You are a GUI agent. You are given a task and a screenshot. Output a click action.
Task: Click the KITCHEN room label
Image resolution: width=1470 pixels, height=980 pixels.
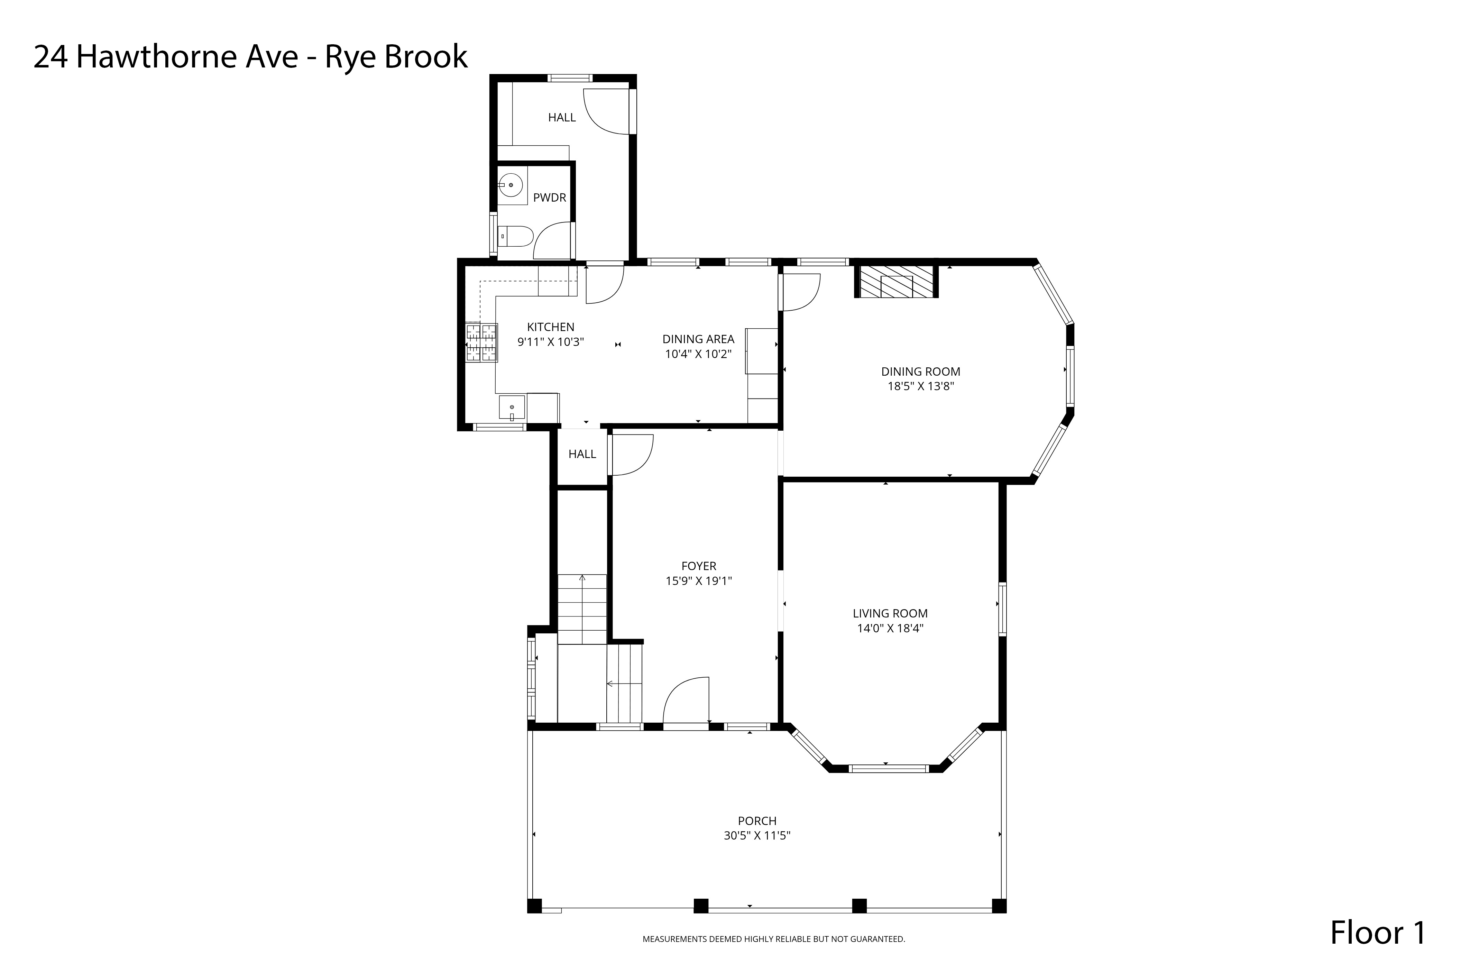pos(550,327)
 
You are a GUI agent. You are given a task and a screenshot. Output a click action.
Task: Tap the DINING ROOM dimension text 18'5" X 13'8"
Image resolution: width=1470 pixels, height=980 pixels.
pos(921,386)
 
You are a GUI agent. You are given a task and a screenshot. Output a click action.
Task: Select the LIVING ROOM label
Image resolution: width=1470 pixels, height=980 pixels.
pos(890,614)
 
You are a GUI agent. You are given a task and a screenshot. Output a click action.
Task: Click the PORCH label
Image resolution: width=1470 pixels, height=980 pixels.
pos(757,821)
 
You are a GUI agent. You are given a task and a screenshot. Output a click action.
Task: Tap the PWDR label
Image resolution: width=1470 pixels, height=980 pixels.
pos(550,198)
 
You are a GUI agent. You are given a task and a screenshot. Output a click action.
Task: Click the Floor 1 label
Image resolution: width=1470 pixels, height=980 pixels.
pos(1378,933)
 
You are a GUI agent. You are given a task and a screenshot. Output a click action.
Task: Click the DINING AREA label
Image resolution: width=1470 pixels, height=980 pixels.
pos(698,339)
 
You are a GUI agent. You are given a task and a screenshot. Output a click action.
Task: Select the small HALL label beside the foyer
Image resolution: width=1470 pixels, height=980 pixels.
pos(582,455)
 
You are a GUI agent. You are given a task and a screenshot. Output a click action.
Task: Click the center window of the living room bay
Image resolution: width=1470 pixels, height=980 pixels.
pos(888,769)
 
